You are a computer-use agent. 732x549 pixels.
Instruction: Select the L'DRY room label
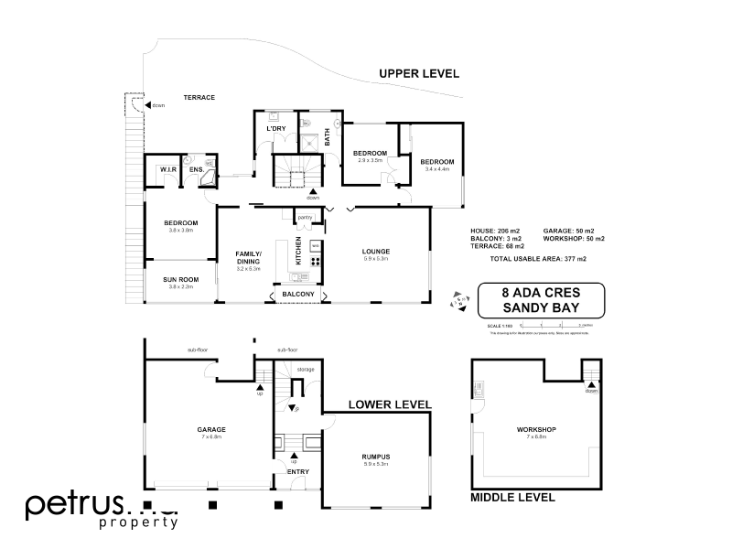pyautogui.click(x=276, y=129)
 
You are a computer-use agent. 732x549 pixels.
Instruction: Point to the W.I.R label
pyautogui.click(x=167, y=169)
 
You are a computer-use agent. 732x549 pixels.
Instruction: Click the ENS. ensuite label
pyautogui.click(x=196, y=169)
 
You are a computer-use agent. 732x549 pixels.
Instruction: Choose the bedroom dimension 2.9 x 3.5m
pyautogui.click(x=371, y=160)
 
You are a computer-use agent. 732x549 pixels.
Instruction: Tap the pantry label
pyautogui.click(x=305, y=218)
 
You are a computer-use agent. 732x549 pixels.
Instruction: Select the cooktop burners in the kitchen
pyautogui.click(x=315, y=260)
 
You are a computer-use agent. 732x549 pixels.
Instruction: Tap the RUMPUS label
pyautogui.click(x=375, y=456)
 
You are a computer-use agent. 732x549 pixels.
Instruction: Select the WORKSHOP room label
pyautogui.click(x=536, y=429)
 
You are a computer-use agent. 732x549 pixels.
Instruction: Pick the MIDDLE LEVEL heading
pyautogui.click(x=512, y=498)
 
